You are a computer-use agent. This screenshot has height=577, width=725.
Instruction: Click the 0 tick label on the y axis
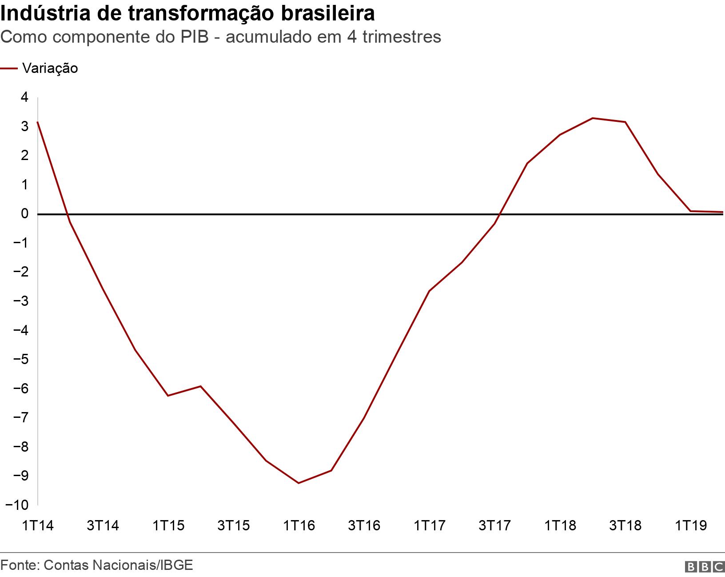tap(24, 214)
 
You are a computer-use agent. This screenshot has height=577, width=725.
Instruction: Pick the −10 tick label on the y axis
tap(17, 505)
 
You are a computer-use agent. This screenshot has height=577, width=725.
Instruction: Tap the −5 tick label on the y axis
tap(21, 359)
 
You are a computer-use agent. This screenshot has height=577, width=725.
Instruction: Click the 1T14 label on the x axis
tap(38, 526)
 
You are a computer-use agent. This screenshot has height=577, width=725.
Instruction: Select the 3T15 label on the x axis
tap(234, 526)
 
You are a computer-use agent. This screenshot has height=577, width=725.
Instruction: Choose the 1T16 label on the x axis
tap(299, 526)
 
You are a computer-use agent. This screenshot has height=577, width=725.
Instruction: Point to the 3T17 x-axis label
tap(495, 526)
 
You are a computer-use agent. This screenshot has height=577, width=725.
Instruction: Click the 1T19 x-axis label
tap(691, 526)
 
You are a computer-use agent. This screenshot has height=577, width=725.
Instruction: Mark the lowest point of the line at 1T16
tap(299, 483)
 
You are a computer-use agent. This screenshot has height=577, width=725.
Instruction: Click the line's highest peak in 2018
tap(593, 118)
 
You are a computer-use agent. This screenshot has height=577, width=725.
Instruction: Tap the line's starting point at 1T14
tap(38, 122)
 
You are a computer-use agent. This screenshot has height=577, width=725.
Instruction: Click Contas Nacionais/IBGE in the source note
tap(119, 565)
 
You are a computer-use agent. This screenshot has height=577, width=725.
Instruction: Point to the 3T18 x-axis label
tap(625, 526)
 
